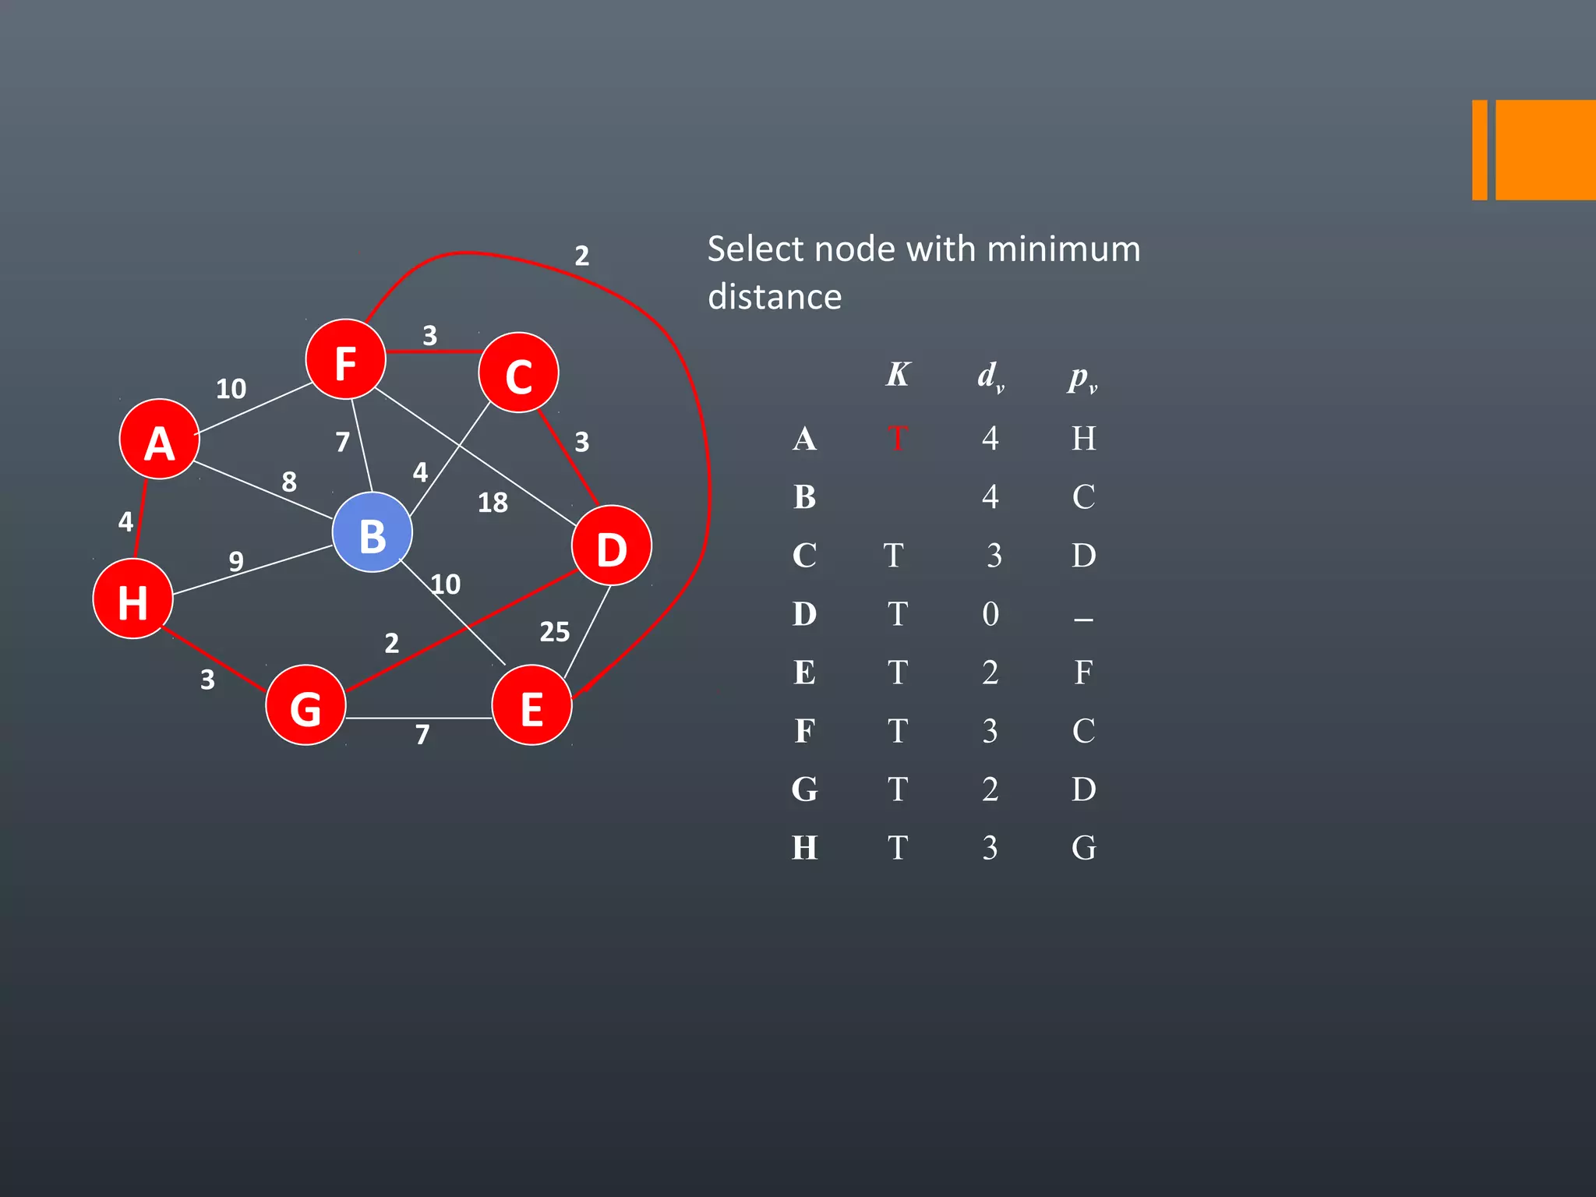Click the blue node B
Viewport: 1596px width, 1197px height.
pos(372,533)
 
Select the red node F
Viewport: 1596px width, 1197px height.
pos(345,359)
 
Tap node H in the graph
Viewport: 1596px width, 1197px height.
pos(132,599)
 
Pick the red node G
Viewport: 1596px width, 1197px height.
pos(305,705)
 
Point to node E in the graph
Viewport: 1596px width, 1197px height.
pos(531,705)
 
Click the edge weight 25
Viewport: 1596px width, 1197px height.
pos(555,632)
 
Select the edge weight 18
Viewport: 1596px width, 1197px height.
pos(493,503)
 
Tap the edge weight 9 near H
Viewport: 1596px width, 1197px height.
pos(236,561)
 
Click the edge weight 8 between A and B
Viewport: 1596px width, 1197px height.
pos(289,482)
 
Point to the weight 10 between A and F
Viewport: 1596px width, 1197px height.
pos(231,388)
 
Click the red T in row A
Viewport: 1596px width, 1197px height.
pos(897,439)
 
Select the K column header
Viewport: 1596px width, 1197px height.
pos(898,375)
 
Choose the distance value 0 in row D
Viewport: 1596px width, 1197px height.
pos(990,614)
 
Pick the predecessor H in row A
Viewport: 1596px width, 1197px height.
pos(1083,439)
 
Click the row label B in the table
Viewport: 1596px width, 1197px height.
pos(805,497)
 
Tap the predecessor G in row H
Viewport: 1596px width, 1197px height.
pos(1083,848)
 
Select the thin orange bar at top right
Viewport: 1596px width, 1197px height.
pos(1479,150)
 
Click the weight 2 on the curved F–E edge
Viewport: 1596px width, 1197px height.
pos(582,256)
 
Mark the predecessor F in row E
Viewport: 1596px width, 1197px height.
pos(1083,673)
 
